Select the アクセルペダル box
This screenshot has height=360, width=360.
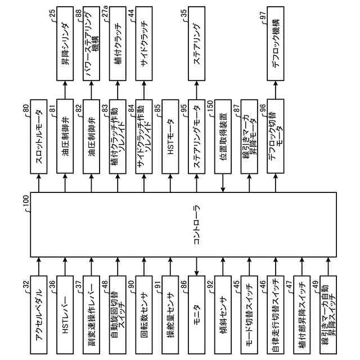38,314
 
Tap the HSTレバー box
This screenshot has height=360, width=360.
65,314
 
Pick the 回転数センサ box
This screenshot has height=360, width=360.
143,314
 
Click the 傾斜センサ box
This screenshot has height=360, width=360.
223,314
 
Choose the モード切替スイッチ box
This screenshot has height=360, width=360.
249,314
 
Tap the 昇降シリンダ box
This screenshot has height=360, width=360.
65,42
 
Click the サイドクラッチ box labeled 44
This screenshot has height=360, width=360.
143,42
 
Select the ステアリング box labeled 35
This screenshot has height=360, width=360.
196,42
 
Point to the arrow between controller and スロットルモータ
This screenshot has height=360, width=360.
38,182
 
